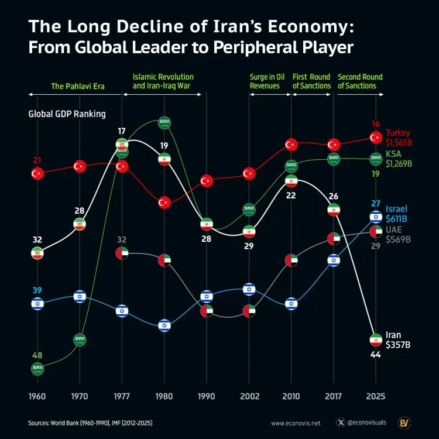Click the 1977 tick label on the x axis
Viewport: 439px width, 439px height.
click(x=122, y=396)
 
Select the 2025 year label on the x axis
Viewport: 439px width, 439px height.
click(x=376, y=396)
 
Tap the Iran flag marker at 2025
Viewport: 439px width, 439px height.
click(x=376, y=340)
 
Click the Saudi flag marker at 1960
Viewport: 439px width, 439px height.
click(x=37, y=369)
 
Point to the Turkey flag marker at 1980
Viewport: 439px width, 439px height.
click(x=164, y=202)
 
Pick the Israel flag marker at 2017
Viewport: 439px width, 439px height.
click(x=334, y=260)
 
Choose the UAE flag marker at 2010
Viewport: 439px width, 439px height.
click(x=291, y=260)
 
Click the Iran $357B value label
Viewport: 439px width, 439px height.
click(x=398, y=340)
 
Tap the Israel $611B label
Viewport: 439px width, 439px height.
click(x=397, y=214)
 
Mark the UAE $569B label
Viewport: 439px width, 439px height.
click(x=397, y=234)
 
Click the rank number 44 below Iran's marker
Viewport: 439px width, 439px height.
click(x=376, y=355)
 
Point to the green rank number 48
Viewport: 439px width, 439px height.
click(x=37, y=355)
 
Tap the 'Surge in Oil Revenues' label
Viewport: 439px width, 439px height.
click(x=268, y=81)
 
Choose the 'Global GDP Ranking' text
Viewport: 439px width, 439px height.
click(x=67, y=114)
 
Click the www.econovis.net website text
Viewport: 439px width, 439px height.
click(x=296, y=422)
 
